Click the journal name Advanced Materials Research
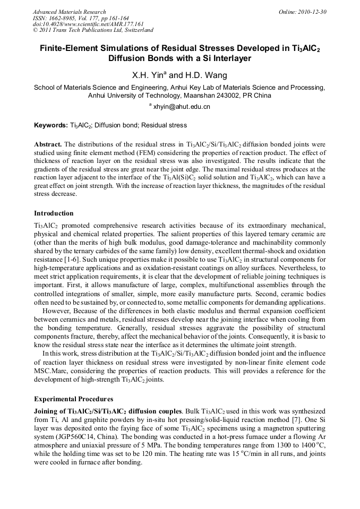click(69, 12)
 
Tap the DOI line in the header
click(88, 24)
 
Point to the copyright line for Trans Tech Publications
click(93, 30)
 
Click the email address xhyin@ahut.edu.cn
click(182, 107)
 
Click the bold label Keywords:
click(51, 126)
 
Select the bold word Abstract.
click(48, 144)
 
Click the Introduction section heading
click(54, 213)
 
